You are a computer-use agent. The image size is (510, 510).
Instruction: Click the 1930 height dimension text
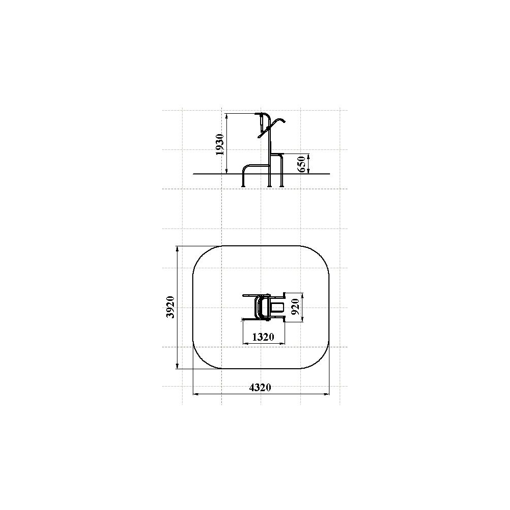pyautogui.click(x=220, y=144)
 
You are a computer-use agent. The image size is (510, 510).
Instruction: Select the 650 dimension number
pyautogui.click(x=301, y=164)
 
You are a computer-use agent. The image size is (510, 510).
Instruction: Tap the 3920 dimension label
pyautogui.click(x=170, y=307)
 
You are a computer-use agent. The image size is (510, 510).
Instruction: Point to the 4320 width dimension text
pyautogui.click(x=260, y=388)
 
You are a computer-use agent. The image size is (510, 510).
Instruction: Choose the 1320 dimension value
pyautogui.click(x=263, y=337)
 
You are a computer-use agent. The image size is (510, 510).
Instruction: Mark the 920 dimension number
pyautogui.click(x=296, y=307)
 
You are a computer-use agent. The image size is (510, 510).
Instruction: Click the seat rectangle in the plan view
pyautogui.click(x=277, y=308)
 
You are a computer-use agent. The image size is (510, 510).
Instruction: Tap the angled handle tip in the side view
pyautogui.click(x=284, y=121)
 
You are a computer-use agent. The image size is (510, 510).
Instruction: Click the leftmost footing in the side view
pyautogui.click(x=243, y=186)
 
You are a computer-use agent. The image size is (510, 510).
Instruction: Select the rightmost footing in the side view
pyautogui.click(x=282, y=186)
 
